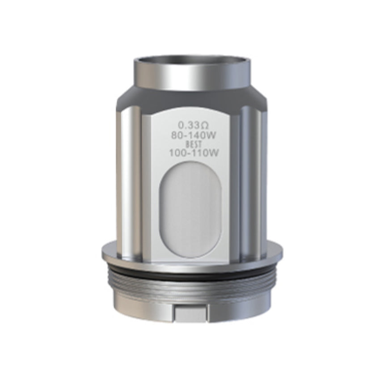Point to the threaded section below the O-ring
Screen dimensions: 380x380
[192, 284]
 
